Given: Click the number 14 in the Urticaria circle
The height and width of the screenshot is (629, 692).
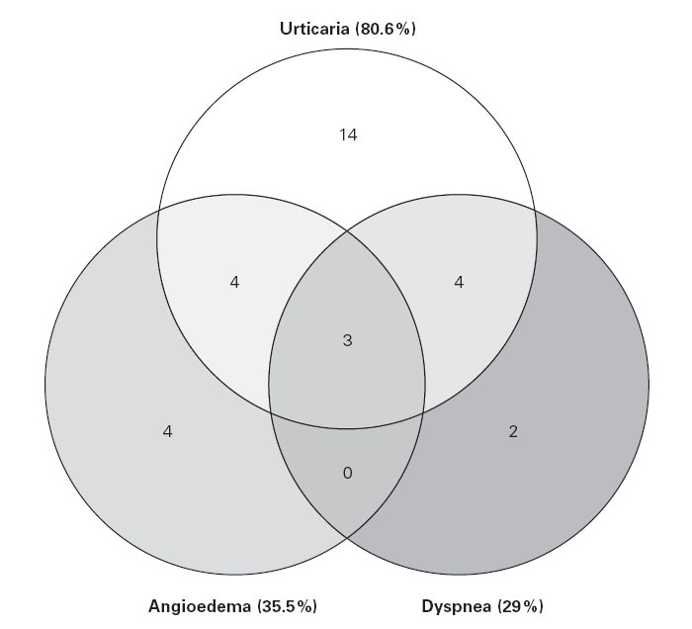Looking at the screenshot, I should (x=347, y=135).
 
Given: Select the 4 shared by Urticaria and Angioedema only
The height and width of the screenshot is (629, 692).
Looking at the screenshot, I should (x=234, y=282).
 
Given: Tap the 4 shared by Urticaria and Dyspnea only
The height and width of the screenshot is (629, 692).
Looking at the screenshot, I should (x=459, y=282).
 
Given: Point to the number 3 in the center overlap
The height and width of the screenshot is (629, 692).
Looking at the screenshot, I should (x=347, y=340).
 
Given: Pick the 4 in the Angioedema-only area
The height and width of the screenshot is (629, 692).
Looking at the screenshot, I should (x=167, y=431).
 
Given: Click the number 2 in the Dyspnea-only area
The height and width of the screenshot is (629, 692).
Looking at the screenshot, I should (x=512, y=431).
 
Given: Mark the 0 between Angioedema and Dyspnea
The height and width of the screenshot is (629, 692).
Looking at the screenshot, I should (x=347, y=473).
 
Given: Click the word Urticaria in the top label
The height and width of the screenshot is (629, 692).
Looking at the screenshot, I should (x=311, y=30).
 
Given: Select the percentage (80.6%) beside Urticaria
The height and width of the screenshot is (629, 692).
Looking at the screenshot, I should (x=385, y=30).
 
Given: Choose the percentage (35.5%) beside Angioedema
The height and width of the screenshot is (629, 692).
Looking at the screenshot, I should (x=287, y=605).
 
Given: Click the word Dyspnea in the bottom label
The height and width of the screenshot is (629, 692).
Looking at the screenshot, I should (x=457, y=605).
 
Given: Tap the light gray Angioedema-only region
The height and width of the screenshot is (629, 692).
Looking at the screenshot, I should (x=119, y=376).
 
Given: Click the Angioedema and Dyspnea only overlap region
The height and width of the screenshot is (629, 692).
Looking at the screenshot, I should (x=347, y=494).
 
